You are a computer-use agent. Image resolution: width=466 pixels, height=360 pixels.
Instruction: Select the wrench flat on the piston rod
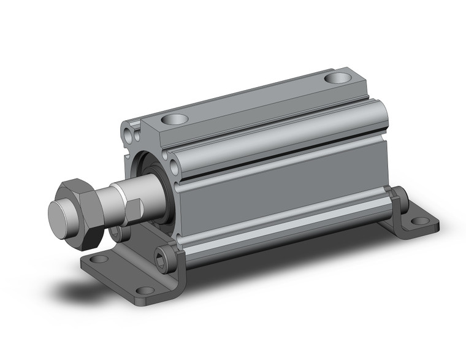136,210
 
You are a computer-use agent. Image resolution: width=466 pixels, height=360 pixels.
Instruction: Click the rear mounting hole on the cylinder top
338,78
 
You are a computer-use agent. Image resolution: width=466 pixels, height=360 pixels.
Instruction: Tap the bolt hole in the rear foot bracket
420,221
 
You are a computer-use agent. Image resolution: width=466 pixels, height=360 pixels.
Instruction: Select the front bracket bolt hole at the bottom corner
145,290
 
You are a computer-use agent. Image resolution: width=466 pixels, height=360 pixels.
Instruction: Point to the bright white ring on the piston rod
127,197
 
